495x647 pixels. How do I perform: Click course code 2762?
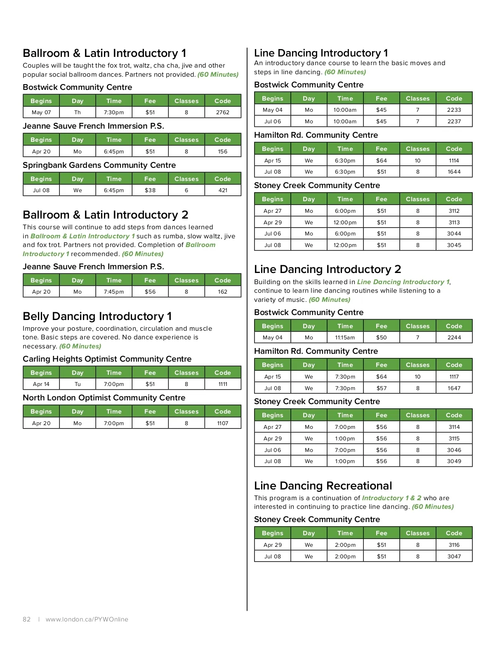point(223,112)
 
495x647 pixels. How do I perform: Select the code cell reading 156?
point(223,151)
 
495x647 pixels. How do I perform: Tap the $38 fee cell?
point(150,190)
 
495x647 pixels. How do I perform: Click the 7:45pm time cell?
point(114,292)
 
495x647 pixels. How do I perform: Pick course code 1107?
point(223,423)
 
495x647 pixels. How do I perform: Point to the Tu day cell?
point(78,384)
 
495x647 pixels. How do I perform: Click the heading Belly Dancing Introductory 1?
point(97,316)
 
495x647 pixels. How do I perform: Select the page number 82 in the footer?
point(27,619)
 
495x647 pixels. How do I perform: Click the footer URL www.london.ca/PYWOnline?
point(87,619)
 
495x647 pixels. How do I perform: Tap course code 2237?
point(454,121)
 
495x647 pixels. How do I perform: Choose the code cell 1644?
point(454,172)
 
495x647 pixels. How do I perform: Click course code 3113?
point(454,222)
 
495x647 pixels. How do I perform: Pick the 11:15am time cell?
point(345,337)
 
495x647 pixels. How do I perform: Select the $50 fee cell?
point(382,337)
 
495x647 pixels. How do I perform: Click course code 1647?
point(454,388)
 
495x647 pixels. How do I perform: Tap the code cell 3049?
point(454,461)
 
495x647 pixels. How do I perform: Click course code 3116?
point(454,545)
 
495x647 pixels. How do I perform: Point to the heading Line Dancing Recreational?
point(323,486)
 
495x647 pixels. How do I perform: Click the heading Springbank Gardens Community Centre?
point(99,165)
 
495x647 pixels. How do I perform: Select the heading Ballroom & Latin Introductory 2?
point(106,215)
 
